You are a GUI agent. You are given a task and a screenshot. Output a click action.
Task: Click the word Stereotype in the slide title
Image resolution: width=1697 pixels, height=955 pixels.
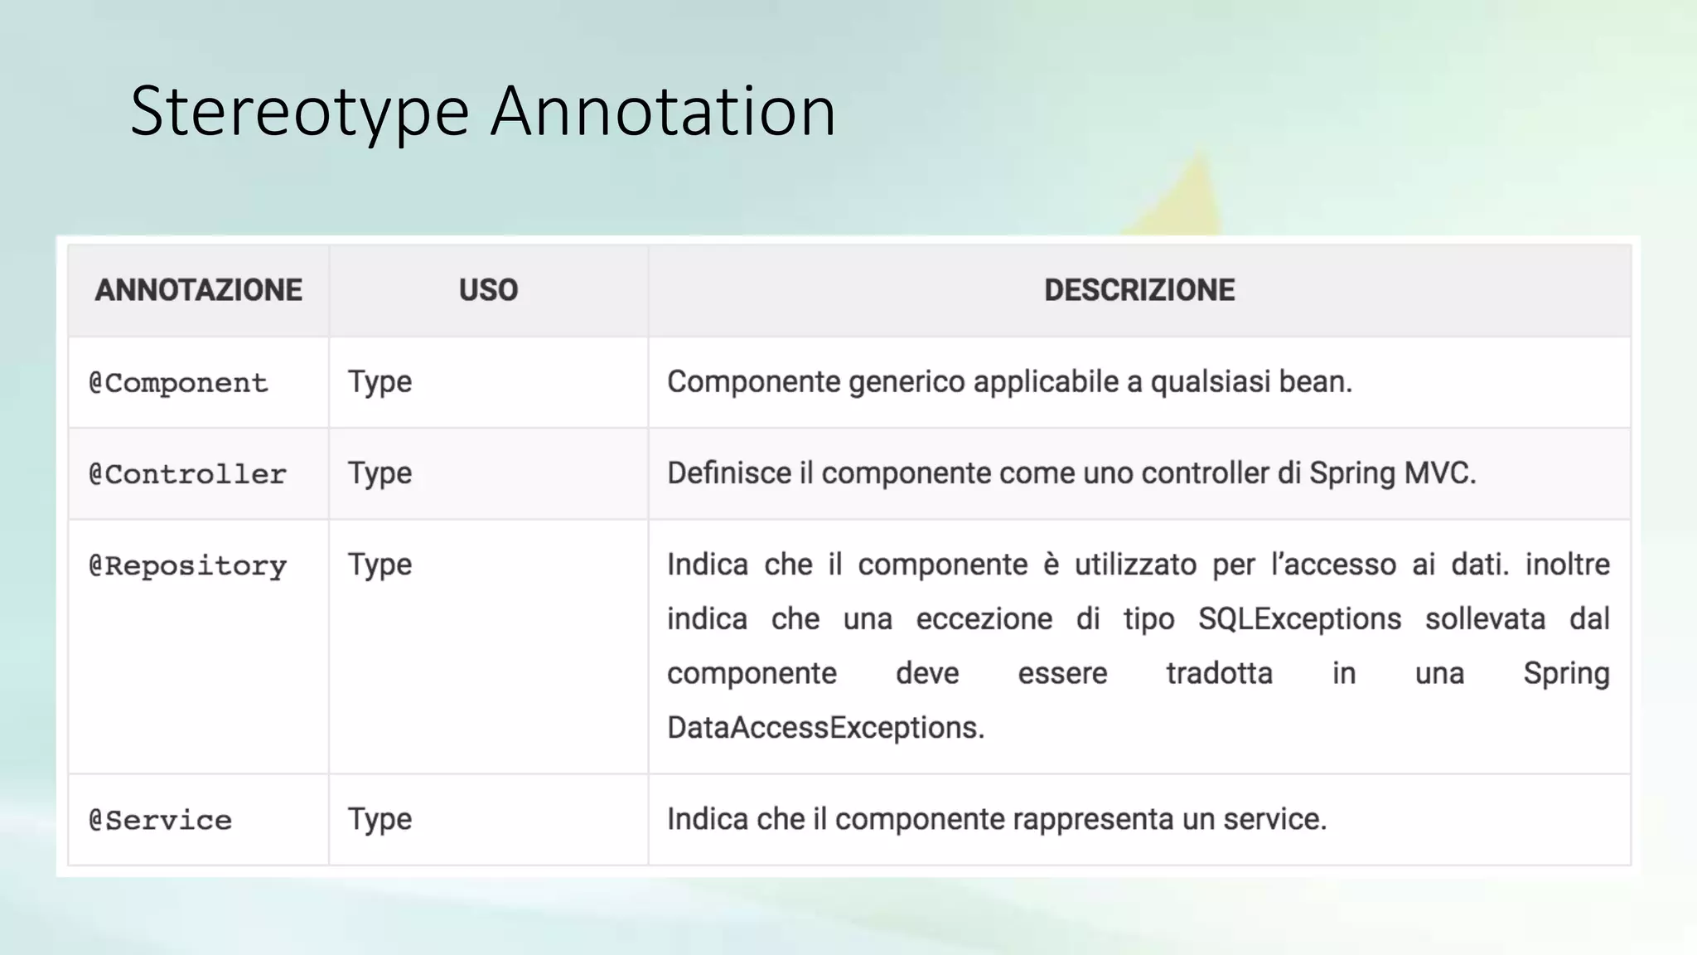click(300, 112)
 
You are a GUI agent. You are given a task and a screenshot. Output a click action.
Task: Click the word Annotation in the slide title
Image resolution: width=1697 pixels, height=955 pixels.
click(663, 112)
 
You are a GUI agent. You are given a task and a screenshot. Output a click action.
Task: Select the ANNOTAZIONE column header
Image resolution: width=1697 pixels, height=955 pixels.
click(199, 290)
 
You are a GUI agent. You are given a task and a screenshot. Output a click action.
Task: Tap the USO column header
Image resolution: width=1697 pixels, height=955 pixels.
click(488, 290)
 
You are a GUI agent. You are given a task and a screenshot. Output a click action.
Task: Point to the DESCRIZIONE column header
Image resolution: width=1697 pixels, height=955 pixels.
click(1139, 290)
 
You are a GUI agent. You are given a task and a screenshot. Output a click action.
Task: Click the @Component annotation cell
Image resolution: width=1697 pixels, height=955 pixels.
click(179, 383)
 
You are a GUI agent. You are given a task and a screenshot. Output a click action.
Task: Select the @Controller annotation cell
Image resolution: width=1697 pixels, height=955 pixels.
click(188, 474)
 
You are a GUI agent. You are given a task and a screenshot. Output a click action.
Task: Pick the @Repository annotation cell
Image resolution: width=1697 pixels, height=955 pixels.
click(188, 566)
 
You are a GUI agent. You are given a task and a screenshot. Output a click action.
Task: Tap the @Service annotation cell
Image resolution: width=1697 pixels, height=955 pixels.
click(161, 821)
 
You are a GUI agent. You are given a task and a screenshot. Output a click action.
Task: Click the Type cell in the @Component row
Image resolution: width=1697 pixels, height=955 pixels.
click(380, 382)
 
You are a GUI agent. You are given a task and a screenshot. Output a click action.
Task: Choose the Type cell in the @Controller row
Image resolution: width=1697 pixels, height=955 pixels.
click(380, 473)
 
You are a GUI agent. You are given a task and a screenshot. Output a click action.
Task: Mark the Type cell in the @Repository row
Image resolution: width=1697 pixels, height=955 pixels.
click(380, 565)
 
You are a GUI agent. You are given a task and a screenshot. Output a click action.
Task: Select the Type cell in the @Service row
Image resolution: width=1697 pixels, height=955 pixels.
click(380, 819)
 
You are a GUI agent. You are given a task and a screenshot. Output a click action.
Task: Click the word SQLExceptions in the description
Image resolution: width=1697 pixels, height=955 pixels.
click(1299, 619)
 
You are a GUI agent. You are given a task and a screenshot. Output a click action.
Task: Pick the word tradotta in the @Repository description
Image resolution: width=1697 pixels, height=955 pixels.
click(1219, 673)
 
